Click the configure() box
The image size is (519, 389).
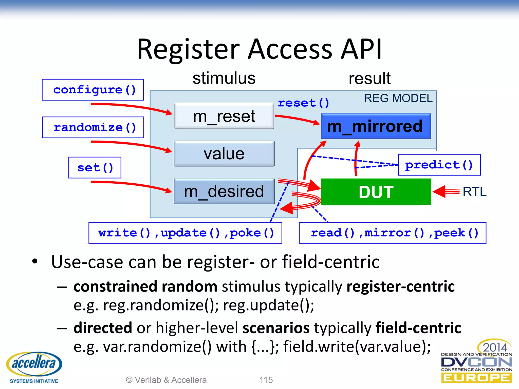[93, 90]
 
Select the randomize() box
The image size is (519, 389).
[93, 127]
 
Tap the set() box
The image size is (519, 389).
[95, 168]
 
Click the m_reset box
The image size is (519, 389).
[224, 116]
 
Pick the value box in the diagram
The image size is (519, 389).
[224, 154]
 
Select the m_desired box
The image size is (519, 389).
[224, 191]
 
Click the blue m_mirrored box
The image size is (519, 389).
[376, 126]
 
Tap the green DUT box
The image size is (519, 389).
[376, 192]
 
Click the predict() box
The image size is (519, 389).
[439, 165]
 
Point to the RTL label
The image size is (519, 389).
[474, 192]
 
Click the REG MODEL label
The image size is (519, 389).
[398, 98]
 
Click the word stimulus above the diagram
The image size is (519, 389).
[224, 78]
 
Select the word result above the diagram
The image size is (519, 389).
[369, 79]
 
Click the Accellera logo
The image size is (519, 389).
[34, 367]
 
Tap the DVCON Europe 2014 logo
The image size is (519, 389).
[476, 362]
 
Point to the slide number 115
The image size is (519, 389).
[266, 380]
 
